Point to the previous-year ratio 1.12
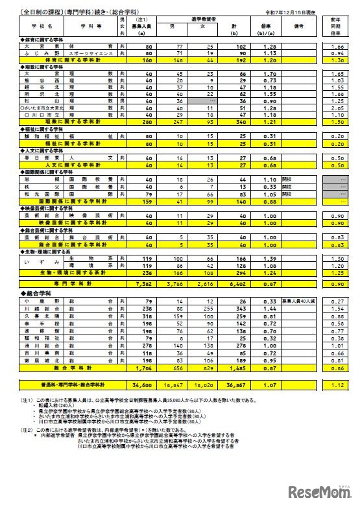tap(336, 385)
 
